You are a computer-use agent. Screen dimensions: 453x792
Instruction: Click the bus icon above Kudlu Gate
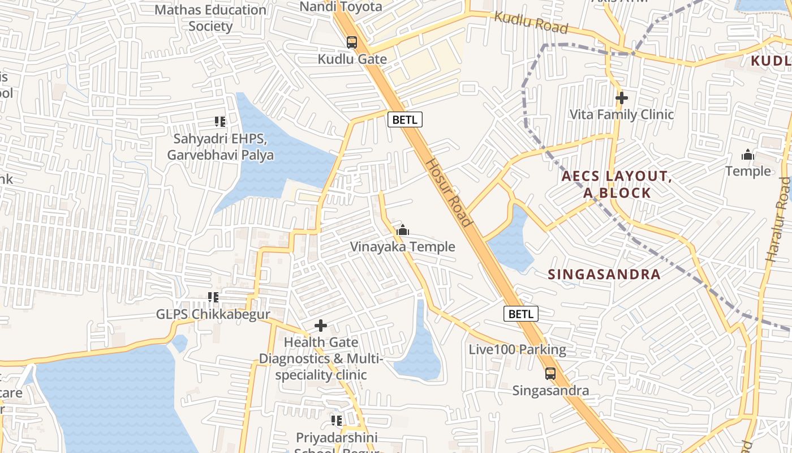352,42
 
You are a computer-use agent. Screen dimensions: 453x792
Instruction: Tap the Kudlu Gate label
352,59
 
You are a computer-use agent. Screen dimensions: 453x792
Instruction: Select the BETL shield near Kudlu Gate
404,119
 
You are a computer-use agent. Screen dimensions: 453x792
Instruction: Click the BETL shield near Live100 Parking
520,314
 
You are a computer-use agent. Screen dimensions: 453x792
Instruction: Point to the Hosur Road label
449,192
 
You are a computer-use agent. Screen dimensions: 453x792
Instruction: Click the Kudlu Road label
531,22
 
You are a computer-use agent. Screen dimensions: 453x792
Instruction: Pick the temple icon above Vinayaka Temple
403,230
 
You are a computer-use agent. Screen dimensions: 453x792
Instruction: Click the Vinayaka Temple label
402,247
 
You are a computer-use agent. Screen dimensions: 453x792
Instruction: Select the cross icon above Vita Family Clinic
621,98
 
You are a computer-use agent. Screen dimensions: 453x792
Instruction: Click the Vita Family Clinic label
621,114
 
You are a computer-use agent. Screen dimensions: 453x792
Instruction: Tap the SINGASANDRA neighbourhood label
604,275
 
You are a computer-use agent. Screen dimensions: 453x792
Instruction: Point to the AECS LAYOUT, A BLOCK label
617,185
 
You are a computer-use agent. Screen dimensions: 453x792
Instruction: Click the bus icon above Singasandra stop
550,374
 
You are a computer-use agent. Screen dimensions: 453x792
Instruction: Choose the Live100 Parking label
517,349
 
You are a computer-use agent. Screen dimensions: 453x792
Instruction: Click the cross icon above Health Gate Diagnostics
321,326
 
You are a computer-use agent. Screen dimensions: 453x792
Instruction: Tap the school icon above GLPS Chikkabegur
213,297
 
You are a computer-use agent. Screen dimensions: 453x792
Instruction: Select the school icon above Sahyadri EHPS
220,121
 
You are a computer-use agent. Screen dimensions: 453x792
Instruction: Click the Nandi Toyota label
341,7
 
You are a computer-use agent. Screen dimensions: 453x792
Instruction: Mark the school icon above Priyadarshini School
337,421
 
